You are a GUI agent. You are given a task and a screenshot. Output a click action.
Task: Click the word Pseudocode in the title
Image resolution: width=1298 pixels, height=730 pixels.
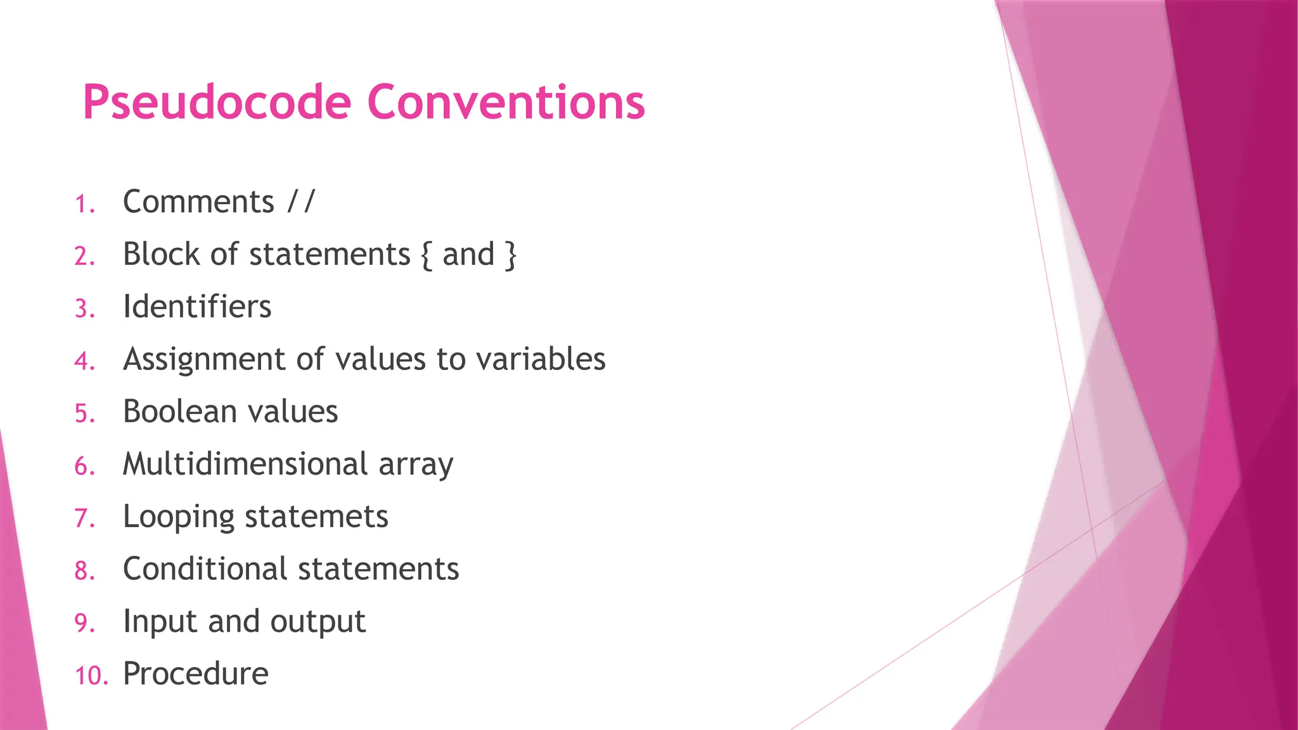[217, 103]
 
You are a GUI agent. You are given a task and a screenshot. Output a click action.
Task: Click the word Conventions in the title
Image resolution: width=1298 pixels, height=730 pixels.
[506, 103]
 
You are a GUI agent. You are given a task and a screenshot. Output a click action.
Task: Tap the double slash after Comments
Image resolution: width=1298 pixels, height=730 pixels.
[300, 202]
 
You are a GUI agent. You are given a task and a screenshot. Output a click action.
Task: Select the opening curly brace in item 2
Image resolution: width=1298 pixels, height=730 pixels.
[426, 255]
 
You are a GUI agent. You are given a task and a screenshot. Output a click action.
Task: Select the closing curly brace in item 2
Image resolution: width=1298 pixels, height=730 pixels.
[510, 255]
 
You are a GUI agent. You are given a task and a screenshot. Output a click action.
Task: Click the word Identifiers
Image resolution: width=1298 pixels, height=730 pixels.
[197, 307]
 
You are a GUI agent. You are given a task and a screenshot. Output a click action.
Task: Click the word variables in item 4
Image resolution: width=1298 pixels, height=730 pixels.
[541, 359]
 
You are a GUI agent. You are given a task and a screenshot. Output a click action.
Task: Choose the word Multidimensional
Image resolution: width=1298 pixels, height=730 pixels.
[245, 464]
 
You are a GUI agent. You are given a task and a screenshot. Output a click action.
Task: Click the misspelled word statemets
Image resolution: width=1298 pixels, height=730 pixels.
[316, 516]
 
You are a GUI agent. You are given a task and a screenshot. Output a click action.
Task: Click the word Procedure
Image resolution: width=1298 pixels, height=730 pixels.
[195, 674]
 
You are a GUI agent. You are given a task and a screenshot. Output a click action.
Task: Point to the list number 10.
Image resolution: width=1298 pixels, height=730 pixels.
[91, 676]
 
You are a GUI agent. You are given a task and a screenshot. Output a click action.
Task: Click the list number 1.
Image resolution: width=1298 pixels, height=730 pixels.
[84, 205]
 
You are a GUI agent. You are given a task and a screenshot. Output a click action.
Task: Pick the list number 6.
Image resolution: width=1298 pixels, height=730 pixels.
[84, 466]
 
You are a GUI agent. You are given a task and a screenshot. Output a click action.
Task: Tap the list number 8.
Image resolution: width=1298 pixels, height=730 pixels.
[84, 571]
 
